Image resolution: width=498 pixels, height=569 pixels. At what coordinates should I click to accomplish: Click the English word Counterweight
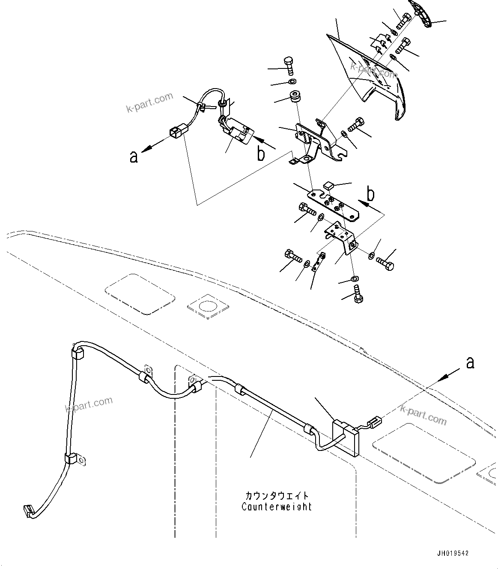pyautogui.click(x=276, y=507)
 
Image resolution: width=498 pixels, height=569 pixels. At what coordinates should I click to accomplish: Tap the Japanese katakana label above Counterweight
pyautogui.click(x=276, y=496)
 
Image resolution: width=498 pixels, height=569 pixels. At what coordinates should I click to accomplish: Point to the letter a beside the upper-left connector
pyautogui.click(x=134, y=157)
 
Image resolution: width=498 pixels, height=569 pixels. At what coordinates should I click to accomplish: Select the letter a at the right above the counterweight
pyautogui.click(x=470, y=363)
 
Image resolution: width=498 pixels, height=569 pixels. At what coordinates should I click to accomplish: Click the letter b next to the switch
pyautogui.click(x=261, y=154)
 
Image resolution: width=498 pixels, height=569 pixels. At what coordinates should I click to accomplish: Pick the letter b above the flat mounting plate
pyautogui.click(x=371, y=194)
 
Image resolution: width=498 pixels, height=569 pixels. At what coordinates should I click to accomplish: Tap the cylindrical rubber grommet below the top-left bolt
pyautogui.click(x=294, y=97)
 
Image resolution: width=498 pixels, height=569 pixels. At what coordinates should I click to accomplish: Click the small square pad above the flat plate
pyautogui.click(x=329, y=186)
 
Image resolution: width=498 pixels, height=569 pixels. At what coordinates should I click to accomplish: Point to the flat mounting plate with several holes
pyautogui.click(x=334, y=204)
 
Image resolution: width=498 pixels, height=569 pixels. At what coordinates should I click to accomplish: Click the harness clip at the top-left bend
pyautogui.click(x=77, y=353)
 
